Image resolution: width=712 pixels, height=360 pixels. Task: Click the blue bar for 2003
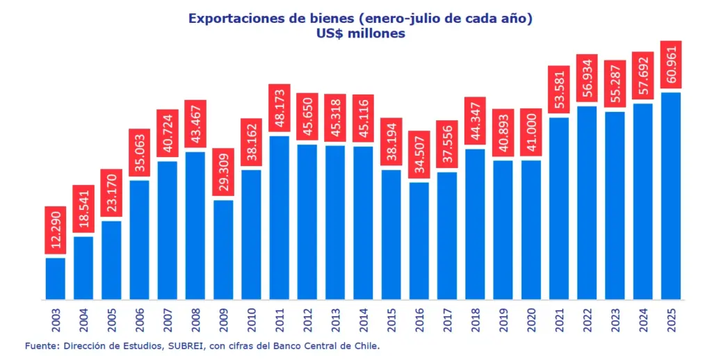pyautogui.click(x=56, y=279)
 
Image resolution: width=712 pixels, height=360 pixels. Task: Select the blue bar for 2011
pyautogui.click(x=279, y=218)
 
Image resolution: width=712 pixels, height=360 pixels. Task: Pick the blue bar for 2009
pyautogui.click(x=223, y=250)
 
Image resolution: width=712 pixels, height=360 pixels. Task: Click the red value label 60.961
pyautogui.click(x=671, y=65)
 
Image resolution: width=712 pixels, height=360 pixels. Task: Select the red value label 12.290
pyautogui.click(x=56, y=230)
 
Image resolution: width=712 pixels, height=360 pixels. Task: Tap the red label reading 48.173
pyautogui.click(x=279, y=108)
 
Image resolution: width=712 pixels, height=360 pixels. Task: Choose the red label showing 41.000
pyautogui.click(x=531, y=133)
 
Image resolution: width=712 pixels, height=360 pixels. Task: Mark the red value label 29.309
pyautogui.click(x=223, y=172)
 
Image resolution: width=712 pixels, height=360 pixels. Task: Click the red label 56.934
pyautogui.click(x=587, y=78)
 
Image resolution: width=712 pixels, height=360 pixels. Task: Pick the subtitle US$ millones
pyautogui.click(x=356, y=33)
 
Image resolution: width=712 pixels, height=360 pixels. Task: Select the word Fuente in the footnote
pyautogui.click(x=40, y=345)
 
